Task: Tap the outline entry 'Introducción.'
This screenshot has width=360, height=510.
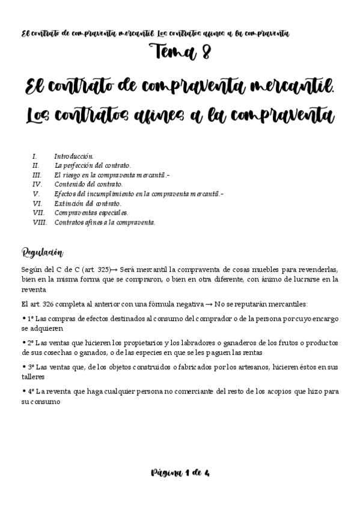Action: point(74,156)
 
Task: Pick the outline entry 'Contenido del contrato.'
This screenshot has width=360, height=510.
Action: point(88,184)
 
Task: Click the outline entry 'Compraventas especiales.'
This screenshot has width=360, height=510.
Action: point(91,213)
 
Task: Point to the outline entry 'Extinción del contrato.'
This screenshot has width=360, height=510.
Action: point(88,203)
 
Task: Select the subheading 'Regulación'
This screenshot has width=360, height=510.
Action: point(43,251)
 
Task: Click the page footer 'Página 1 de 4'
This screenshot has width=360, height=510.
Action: point(180,473)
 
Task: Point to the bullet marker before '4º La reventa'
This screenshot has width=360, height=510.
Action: point(23,390)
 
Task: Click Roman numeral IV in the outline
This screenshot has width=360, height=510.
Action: point(37,184)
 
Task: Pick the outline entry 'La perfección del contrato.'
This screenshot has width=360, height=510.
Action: point(93,165)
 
